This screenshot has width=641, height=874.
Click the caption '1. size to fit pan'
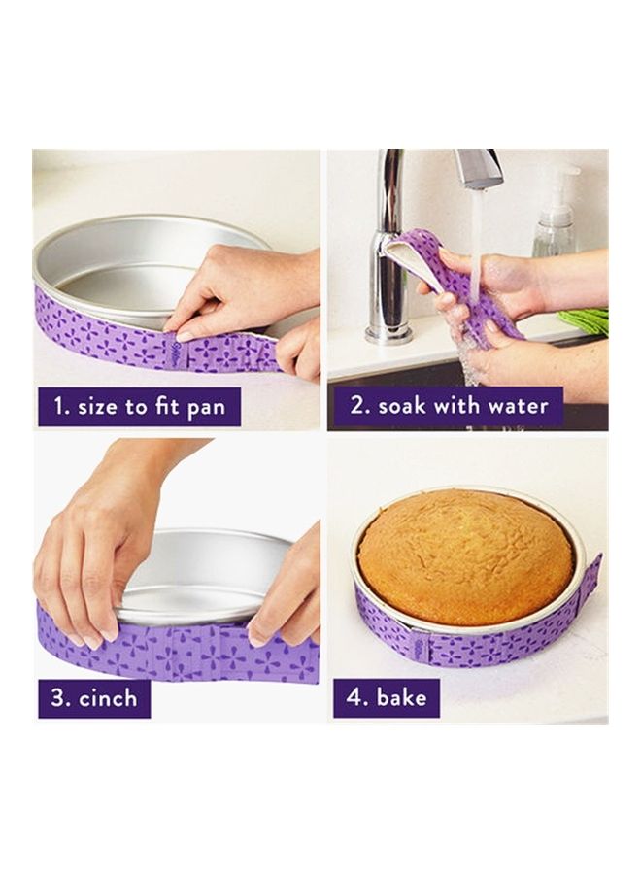pyautogui.click(x=139, y=407)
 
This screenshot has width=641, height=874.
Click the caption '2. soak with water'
pyautogui.click(x=448, y=405)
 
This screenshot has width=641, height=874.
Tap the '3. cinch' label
pyautogui.click(x=93, y=698)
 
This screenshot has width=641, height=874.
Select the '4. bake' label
pyautogui.click(x=387, y=697)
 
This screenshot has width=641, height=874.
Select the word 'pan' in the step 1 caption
pyautogui.click(x=206, y=409)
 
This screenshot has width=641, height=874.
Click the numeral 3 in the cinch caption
pyautogui.click(x=58, y=698)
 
